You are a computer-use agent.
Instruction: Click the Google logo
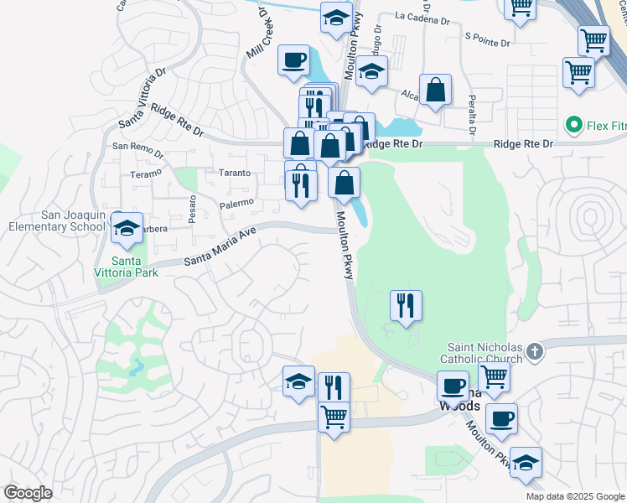28,493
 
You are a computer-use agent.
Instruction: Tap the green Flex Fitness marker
574,127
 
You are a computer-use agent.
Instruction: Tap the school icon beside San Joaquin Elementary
127,229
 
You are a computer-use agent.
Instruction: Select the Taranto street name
235,173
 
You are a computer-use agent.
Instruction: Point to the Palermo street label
236,203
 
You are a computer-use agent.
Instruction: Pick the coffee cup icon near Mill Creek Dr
293,60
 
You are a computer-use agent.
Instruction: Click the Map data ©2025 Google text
574,496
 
